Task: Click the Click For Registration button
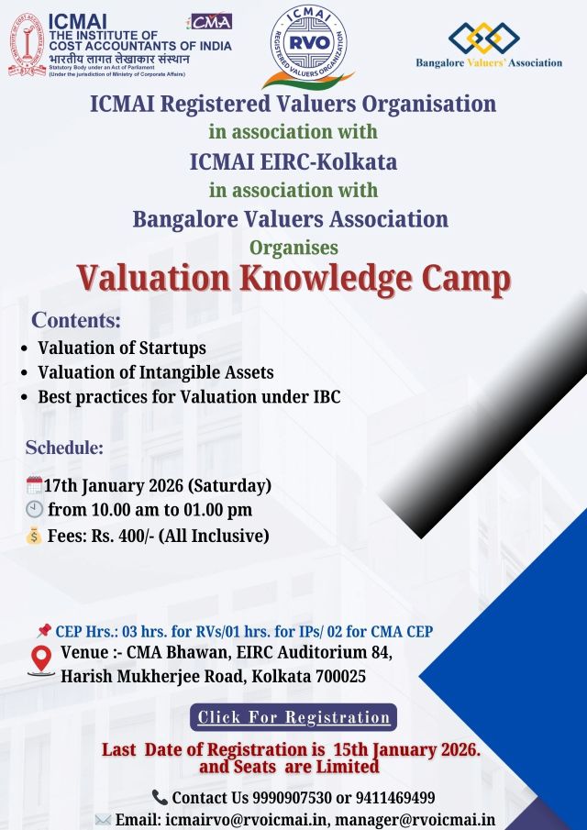point(293,717)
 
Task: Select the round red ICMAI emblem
point(27,44)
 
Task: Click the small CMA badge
point(210,21)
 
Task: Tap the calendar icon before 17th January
point(35,484)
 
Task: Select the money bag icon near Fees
point(35,536)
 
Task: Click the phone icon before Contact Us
point(161,797)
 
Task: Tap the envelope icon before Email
point(103,820)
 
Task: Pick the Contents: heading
point(76,321)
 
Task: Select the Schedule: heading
point(64,448)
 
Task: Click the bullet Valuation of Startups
point(121,348)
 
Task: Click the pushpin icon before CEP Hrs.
point(43,631)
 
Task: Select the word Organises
point(293,247)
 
